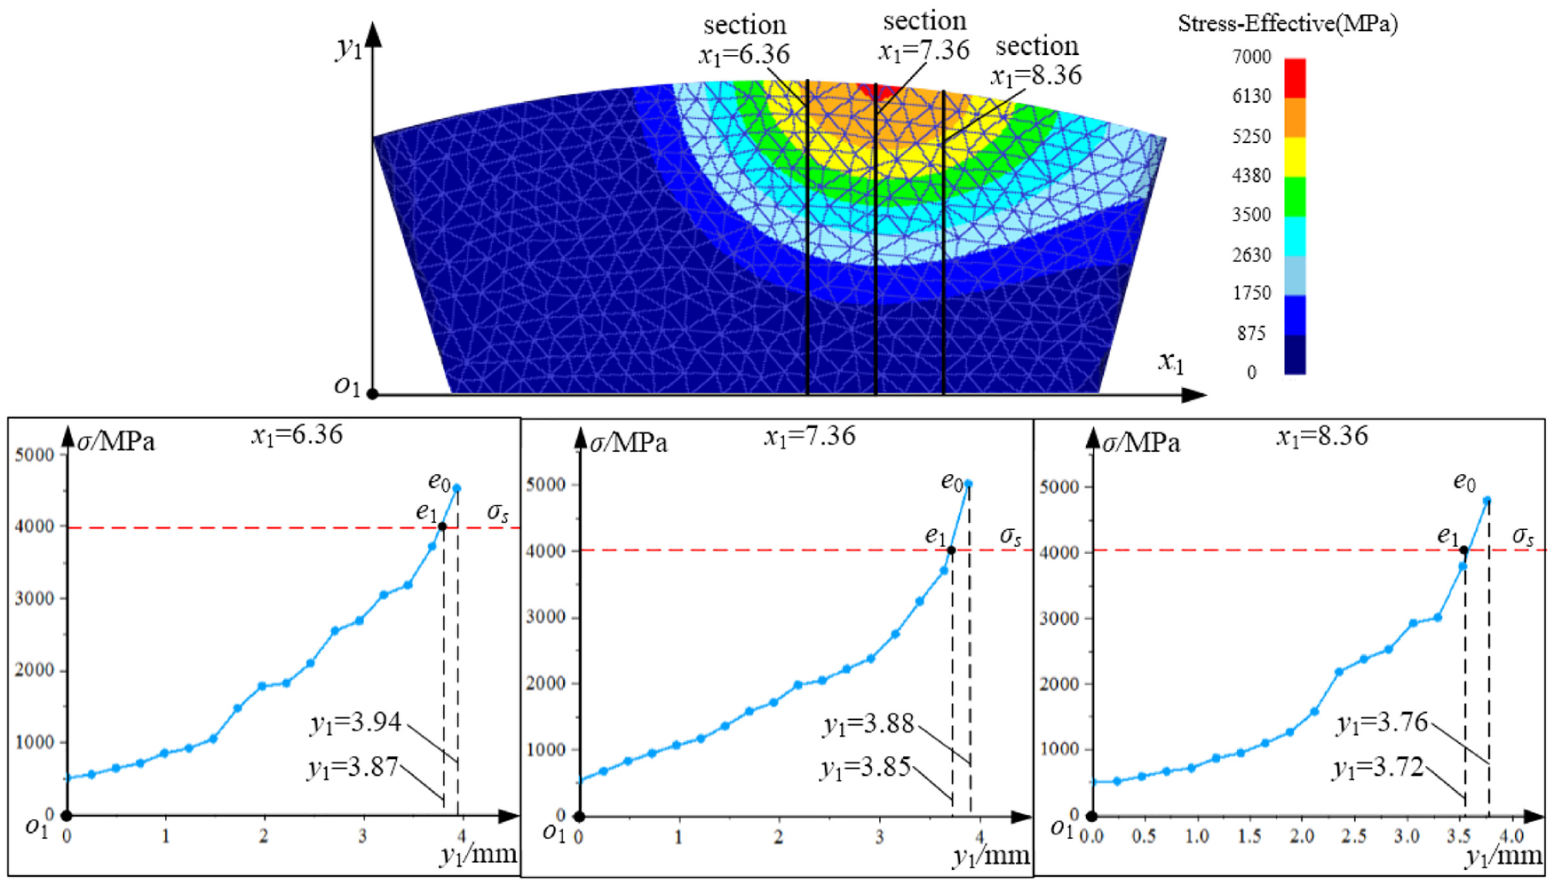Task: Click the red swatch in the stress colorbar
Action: pos(1295,77)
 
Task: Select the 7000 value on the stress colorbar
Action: pos(1251,57)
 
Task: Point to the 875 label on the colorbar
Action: pos(1251,333)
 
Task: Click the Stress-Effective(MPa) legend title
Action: pos(1288,24)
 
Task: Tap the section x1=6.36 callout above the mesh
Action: pos(744,40)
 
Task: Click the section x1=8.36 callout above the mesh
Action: pos(1036,60)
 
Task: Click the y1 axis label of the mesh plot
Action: pos(349,46)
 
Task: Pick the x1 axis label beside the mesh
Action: pos(1171,361)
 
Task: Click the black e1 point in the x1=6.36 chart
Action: pos(442,526)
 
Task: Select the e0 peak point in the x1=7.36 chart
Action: pos(969,484)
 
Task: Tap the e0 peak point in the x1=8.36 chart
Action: pos(1487,501)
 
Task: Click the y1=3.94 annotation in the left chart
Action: pos(355,723)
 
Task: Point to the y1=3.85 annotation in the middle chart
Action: pos(866,767)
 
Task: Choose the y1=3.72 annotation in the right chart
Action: pos(1378,768)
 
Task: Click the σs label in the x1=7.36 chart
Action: pos(1011,536)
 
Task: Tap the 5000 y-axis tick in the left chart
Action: pos(35,454)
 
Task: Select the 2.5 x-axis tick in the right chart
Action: pos(1353,836)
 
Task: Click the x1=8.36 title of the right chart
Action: pos(1322,436)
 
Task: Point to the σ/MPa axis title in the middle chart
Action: pos(629,442)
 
